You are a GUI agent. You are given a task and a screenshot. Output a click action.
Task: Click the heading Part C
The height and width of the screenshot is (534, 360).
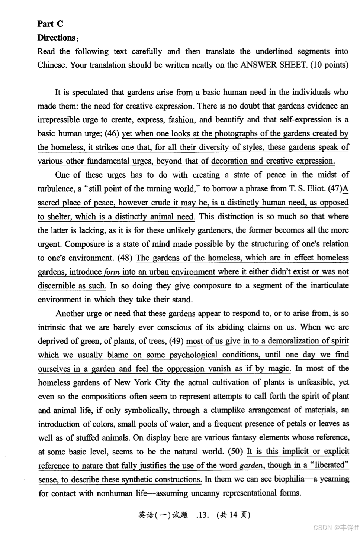(50, 24)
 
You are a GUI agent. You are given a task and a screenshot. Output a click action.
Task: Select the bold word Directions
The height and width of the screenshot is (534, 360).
(57, 38)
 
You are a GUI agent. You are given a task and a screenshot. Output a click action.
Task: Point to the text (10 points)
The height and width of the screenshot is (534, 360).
(329, 65)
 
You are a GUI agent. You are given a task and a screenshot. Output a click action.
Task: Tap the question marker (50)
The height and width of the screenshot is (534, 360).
(235, 452)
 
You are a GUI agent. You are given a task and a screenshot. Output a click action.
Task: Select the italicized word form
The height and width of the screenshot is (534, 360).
(112, 272)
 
